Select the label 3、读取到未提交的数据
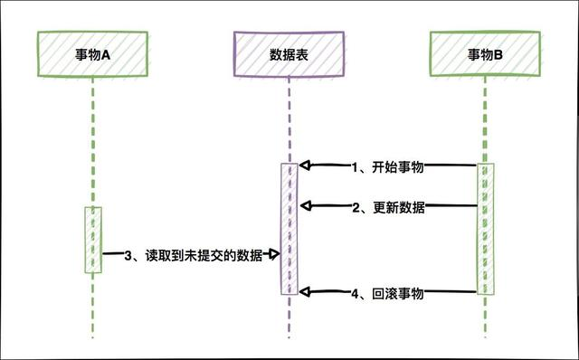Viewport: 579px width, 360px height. pyautogui.click(x=195, y=256)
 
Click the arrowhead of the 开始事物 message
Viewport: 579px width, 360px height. pyautogui.click(x=305, y=166)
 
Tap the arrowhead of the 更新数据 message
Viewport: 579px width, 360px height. pyautogui.click(x=305, y=207)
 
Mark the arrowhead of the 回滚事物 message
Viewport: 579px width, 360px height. pyautogui.click(x=305, y=292)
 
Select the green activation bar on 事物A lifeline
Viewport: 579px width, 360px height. pyautogui.click(x=93, y=240)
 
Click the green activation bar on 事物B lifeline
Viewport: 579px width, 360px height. pyautogui.click(x=486, y=229)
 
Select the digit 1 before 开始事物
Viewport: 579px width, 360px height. pyautogui.click(x=356, y=166)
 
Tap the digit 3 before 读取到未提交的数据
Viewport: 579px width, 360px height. pyautogui.click(x=129, y=256)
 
